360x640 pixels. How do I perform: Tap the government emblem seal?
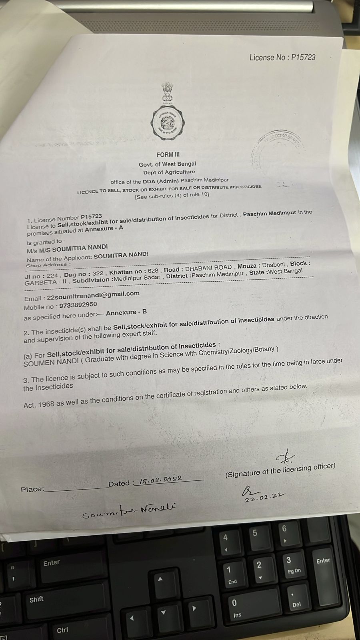pos(167,116)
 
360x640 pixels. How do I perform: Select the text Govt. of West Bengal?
pos(167,164)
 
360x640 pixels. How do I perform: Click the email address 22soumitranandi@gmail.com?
pos(93,295)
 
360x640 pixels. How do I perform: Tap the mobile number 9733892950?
pos(78,305)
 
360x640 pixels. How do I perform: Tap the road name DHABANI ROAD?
pos(208,268)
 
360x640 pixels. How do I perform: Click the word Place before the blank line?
pos(32,489)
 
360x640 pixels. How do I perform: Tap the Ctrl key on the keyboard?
pos(62,630)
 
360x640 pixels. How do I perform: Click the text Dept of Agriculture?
pos(169,172)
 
